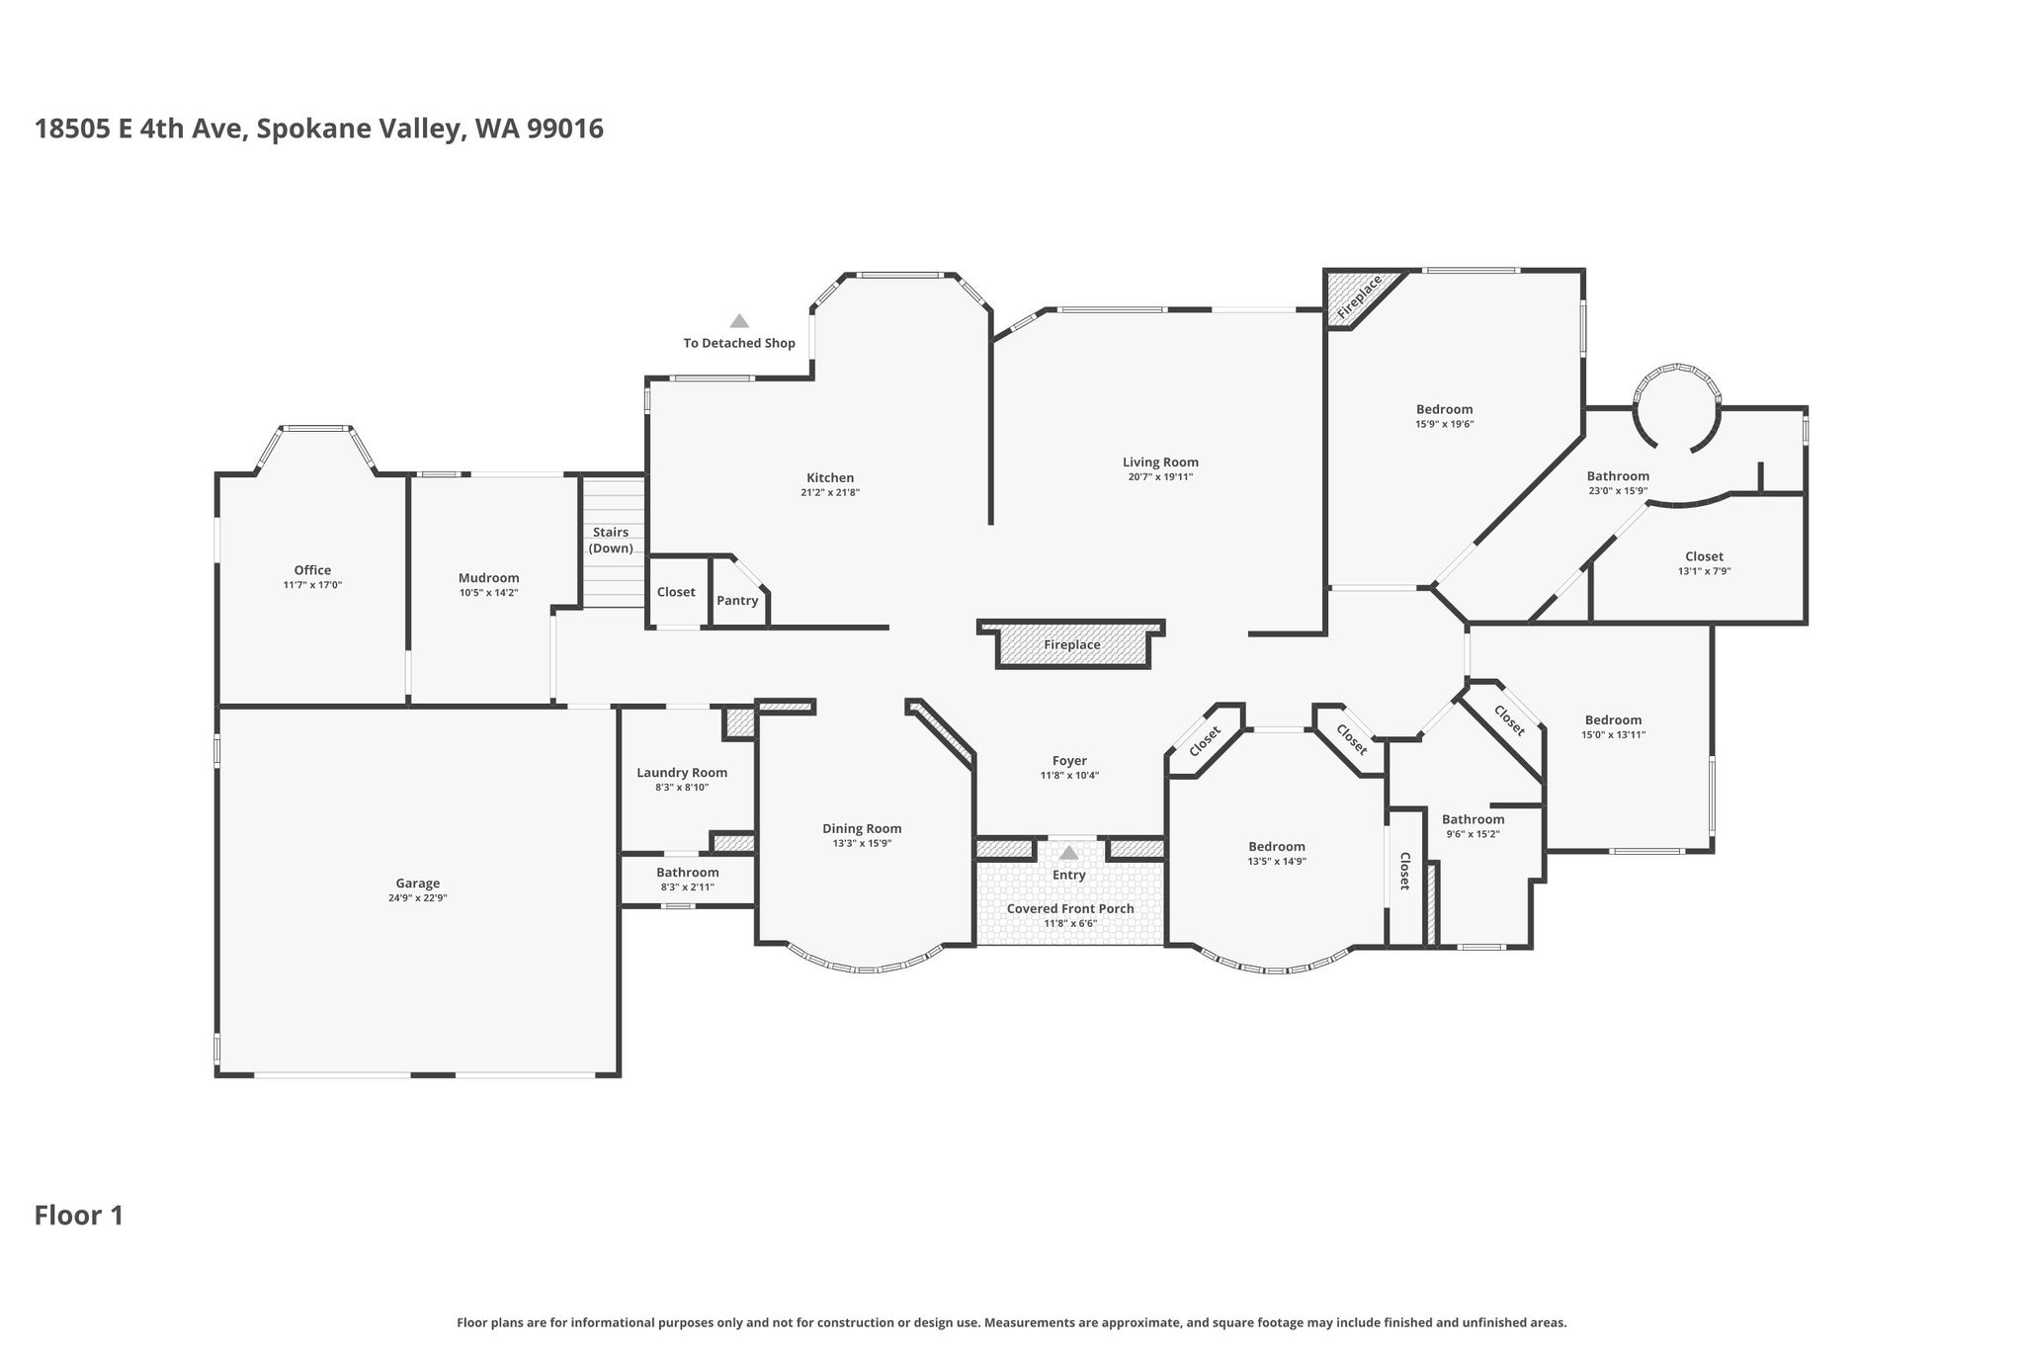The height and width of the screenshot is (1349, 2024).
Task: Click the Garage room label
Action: pyautogui.click(x=417, y=884)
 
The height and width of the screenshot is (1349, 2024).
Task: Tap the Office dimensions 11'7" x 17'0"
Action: pyautogui.click(x=312, y=585)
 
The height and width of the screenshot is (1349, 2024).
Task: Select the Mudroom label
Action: pyautogui.click(x=488, y=578)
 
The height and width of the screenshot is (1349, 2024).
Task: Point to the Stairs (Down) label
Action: pyautogui.click(x=611, y=540)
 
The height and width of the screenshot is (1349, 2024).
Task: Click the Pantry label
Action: pyautogui.click(x=737, y=600)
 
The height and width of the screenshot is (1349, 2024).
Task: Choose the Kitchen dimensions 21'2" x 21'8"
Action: pyautogui.click(x=830, y=492)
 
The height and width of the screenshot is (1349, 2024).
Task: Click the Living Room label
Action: pyautogui.click(x=1160, y=462)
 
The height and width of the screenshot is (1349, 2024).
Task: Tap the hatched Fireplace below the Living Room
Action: pyautogui.click(x=1072, y=644)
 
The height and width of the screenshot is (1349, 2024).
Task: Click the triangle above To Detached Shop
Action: pyautogui.click(x=739, y=320)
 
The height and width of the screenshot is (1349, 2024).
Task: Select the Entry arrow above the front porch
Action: pyautogui.click(x=1068, y=852)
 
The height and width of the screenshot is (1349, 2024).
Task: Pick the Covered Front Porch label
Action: pyautogui.click(x=1070, y=908)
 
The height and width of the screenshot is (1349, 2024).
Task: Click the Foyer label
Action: pyautogui.click(x=1069, y=761)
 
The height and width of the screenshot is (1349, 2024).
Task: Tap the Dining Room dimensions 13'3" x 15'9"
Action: pyautogui.click(x=862, y=843)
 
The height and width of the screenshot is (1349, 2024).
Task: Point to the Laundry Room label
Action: pyautogui.click(x=682, y=773)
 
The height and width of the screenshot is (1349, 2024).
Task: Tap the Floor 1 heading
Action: pyautogui.click(x=79, y=1215)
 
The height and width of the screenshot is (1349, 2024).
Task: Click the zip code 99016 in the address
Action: pyautogui.click(x=565, y=129)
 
